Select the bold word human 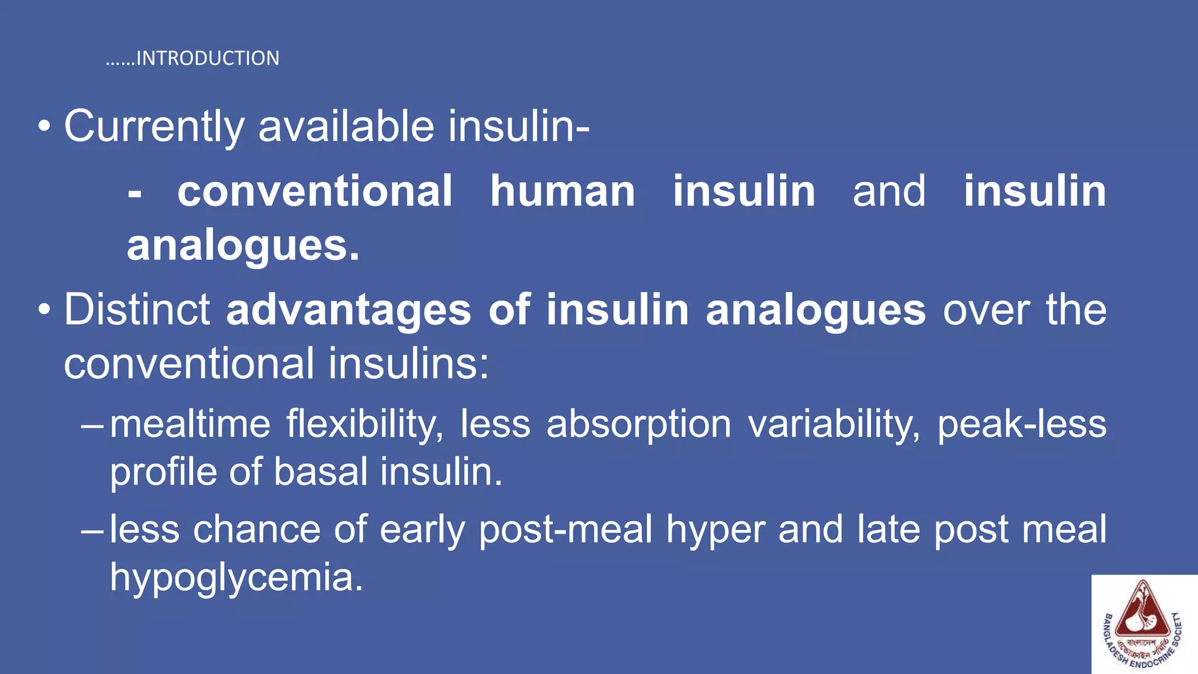coord(562,191)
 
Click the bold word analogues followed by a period coord(243,246)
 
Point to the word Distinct coord(137,310)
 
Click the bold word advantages coord(349,310)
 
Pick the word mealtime coord(190,424)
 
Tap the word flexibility coord(364,424)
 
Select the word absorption coord(638,424)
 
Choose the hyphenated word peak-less coord(1021,424)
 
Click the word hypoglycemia coord(236,577)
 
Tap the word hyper coord(715,530)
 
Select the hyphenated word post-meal coord(565,530)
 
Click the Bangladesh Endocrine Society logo coord(1143,624)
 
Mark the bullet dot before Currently coord(44,127)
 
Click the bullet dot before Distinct coord(44,311)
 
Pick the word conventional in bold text coord(315,191)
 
